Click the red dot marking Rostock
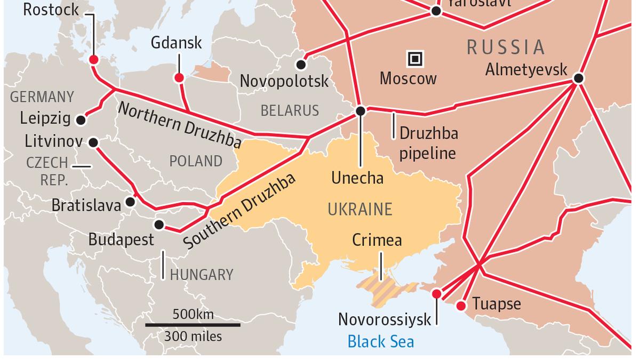pos(94,60)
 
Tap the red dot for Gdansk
pos(179,78)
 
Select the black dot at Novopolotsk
pos(301,65)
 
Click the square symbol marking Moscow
pos(415,59)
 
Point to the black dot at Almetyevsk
pos(579,78)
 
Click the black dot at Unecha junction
pos(361,111)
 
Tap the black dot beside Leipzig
pos(81,120)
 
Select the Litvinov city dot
pos(93,142)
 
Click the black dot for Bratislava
pos(130,202)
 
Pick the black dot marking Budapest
pos(159,224)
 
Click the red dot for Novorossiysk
pos(437,294)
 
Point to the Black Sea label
pos(380,341)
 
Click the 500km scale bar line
pos(193,324)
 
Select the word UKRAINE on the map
pos(360,210)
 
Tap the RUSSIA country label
pos(506,47)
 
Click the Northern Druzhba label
pos(179,125)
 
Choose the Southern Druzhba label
pos(239,211)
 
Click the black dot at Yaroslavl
pos(436,11)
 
